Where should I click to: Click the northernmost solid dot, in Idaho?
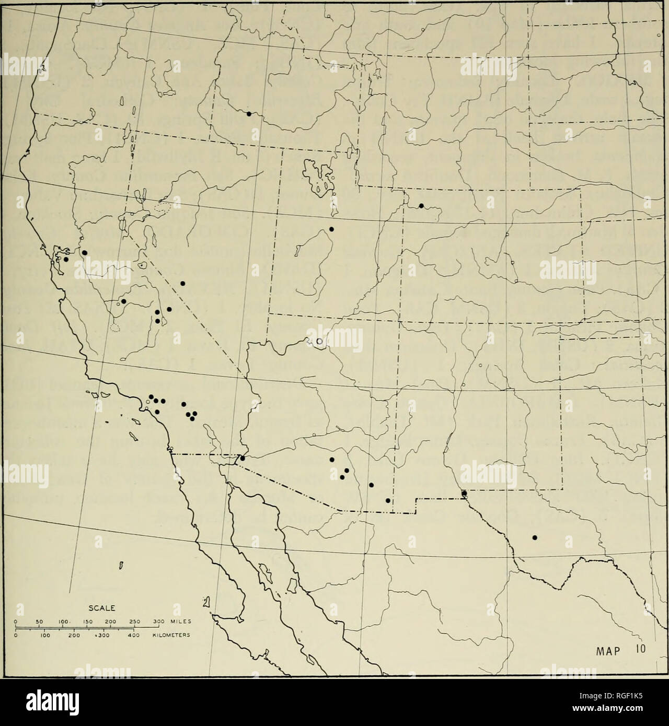click(x=249, y=113)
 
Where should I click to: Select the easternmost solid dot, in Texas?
click(x=534, y=537)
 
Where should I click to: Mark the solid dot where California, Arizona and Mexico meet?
click(x=242, y=458)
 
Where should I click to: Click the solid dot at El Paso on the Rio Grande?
click(x=464, y=494)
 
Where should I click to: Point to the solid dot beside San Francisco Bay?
click(x=66, y=259)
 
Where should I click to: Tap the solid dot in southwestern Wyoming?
click(x=421, y=205)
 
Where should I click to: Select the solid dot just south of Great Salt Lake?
click(x=331, y=229)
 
